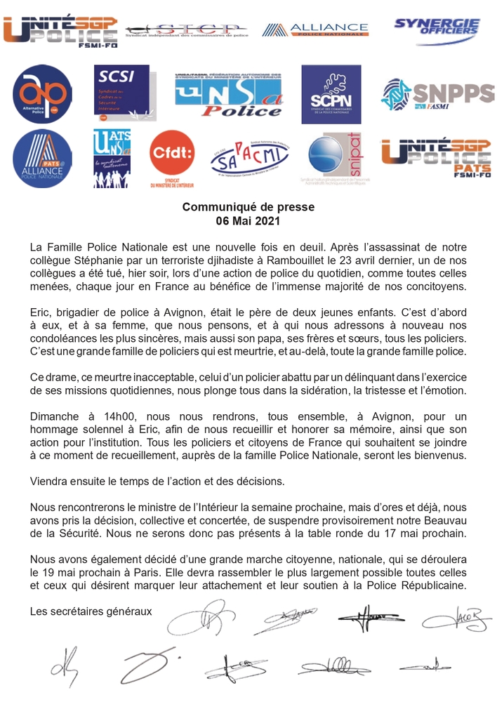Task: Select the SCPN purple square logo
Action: (330, 94)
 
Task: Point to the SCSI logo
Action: (121, 94)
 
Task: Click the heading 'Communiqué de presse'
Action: (249, 207)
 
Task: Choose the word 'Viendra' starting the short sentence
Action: (51, 482)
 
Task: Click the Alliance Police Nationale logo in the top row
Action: (315, 29)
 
